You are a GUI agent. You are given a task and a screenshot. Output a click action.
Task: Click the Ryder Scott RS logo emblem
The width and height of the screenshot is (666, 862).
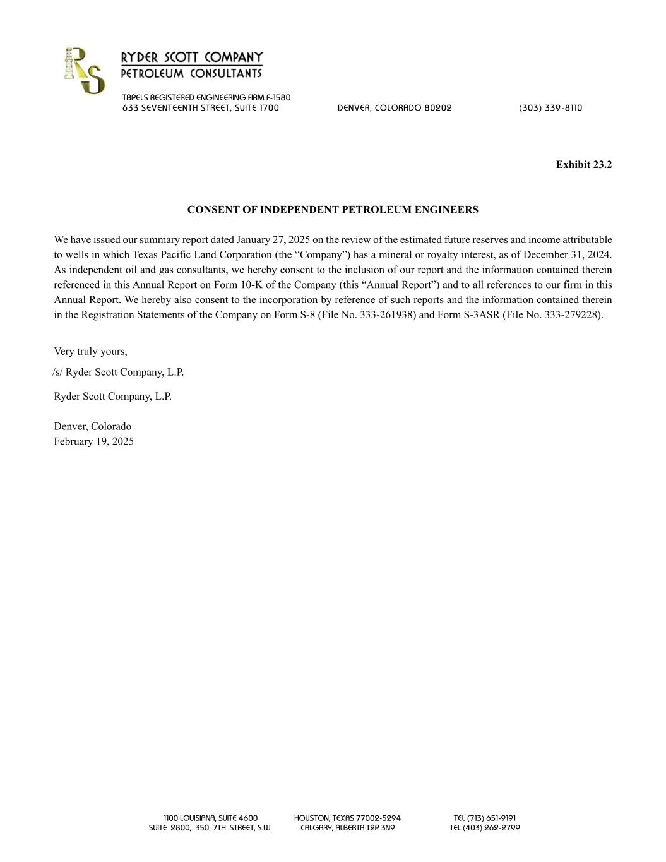(x=84, y=71)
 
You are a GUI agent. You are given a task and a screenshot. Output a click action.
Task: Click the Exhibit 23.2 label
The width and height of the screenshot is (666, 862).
(x=583, y=165)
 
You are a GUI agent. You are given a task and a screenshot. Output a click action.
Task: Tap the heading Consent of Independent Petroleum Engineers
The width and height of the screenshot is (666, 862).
(x=333, y=210)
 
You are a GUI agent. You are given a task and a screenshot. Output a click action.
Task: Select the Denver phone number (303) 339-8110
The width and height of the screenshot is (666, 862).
(x=550, y=108)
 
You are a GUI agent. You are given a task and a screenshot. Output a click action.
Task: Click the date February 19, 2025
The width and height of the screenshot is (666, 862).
(x=93, y=441)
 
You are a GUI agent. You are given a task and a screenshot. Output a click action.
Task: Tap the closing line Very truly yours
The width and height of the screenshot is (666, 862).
(x=90, y=352)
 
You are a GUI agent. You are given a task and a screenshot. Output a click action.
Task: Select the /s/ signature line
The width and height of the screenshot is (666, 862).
(x=118, y=373)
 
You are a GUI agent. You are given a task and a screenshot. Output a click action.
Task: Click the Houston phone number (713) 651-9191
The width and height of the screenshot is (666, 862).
(x=485, y=818)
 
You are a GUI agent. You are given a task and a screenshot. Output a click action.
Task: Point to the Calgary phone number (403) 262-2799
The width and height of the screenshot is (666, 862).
(x=485, y=828)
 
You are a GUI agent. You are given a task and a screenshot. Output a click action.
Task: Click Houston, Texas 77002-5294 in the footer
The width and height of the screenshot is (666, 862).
(x=347, y=818)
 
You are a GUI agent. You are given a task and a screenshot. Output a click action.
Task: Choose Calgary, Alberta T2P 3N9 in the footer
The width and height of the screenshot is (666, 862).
(x=347, y=828)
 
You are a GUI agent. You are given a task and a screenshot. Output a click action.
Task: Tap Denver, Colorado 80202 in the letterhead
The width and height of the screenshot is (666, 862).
(x=395, y=108)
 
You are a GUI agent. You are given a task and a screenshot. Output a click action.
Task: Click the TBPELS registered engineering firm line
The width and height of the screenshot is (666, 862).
(x=206, y=98)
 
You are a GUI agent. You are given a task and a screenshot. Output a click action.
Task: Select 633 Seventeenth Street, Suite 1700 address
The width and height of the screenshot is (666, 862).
(x=201, y=108)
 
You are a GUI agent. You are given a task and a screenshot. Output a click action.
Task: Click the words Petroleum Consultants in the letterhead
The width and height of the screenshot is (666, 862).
(x=191, y=74)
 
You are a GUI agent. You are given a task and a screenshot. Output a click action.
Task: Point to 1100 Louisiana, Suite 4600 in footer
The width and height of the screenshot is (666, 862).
(x=210, y=818)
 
